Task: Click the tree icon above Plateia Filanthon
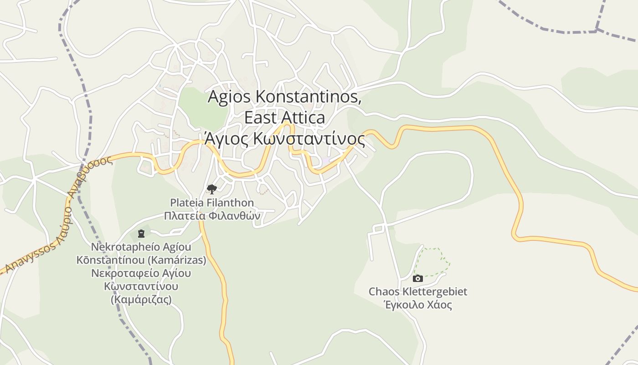pos(211,188)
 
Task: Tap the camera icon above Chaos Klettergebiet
pos(417,278)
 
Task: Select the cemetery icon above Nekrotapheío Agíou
pos(141,234)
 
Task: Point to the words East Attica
pos(284,118)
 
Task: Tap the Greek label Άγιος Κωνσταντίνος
pos(284,139)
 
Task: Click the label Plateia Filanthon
pos(212,202)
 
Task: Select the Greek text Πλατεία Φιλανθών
pos(212,215)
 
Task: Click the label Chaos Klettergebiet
pos(418,291)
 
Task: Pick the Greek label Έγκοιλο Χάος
pos(418,305)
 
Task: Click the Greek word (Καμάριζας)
pos(141,300)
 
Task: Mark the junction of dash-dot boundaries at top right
pos(597,30)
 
